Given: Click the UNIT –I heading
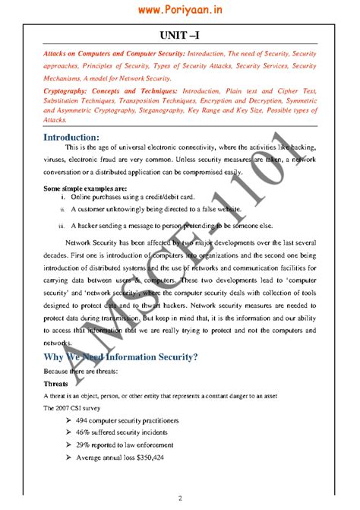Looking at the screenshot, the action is point(180,36).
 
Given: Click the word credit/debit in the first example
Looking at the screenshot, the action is point(156,196).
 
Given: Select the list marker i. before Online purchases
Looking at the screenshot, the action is point(62,196).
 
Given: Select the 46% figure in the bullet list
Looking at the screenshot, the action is point(81,432).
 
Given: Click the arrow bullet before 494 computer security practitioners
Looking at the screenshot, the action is point(68,420).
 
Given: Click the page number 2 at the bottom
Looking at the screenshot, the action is point(180,498).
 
